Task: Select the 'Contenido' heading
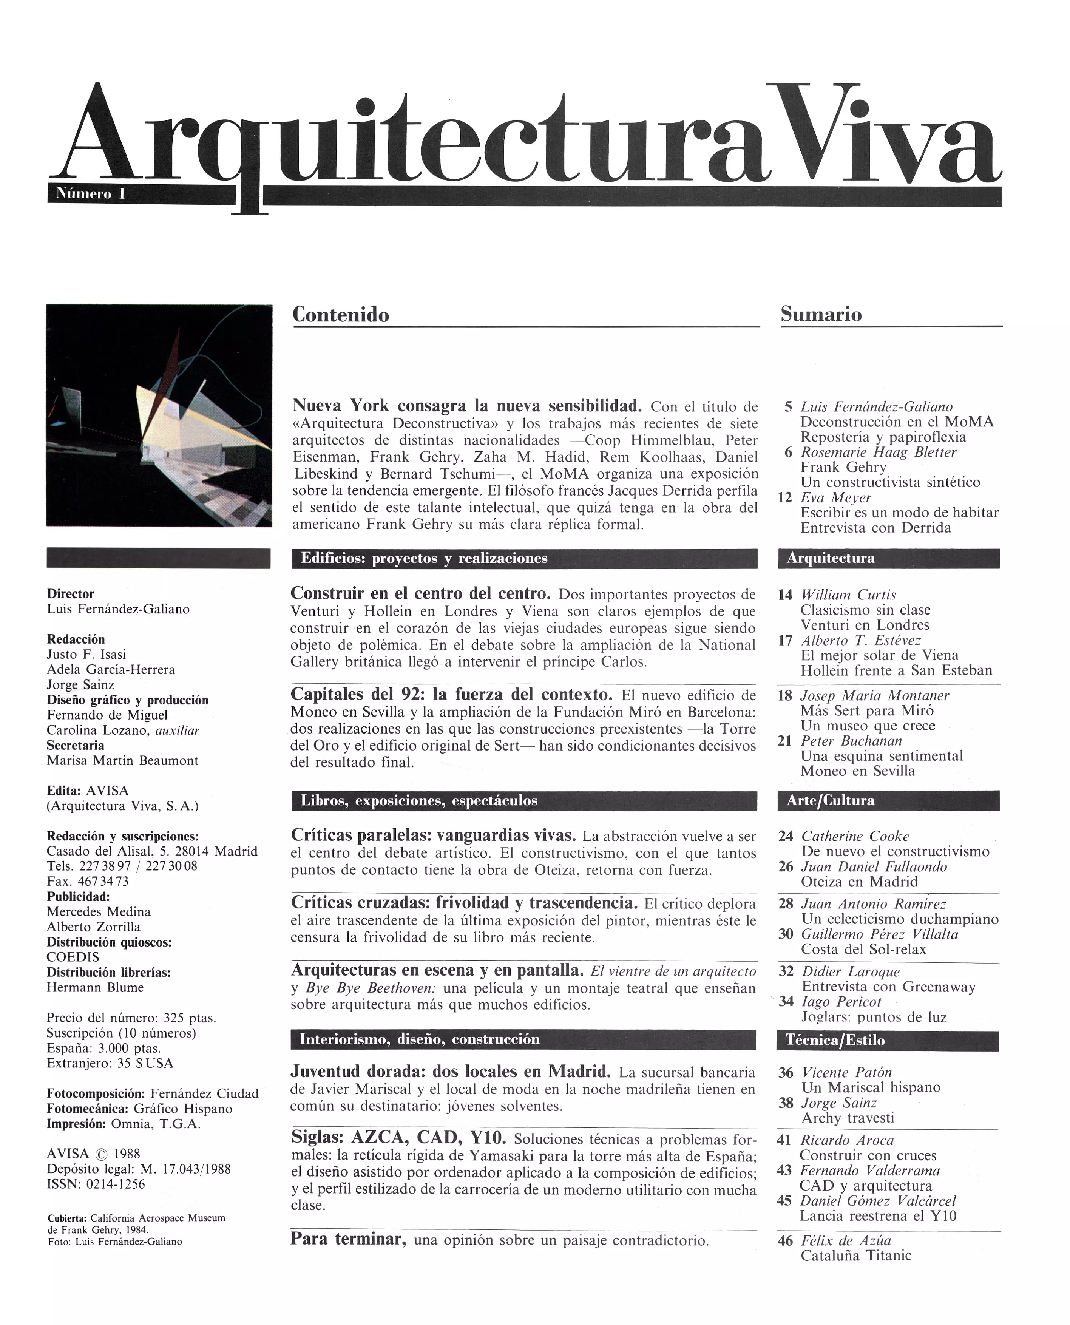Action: (x=340, y=315)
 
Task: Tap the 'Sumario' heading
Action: (x=821, y=314)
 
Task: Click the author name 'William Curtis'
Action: (x=848, y=595)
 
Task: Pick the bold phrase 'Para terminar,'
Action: (x=348, y=1239)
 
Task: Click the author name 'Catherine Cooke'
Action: (x=855, y=836)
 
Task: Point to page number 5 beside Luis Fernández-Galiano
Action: (x=788, y=407)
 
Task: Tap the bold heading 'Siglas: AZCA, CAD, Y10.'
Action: (x=398, y=1137)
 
